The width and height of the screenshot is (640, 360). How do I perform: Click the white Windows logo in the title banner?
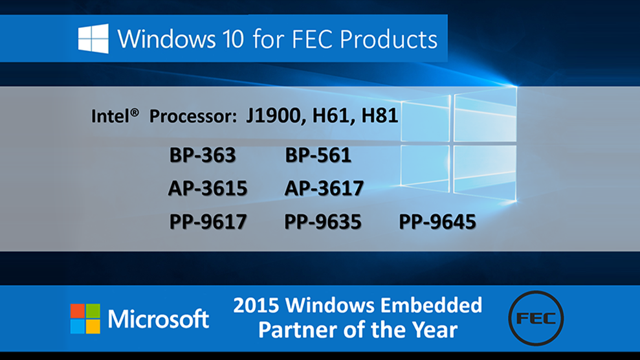93,38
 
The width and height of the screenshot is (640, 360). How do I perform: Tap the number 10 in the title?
233,39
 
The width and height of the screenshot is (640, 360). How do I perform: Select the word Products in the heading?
388,39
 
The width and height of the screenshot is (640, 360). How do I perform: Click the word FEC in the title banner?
313,39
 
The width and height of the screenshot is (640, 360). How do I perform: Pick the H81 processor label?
380,115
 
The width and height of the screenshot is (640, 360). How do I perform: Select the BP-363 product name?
203,155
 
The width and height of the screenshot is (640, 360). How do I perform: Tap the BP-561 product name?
318,155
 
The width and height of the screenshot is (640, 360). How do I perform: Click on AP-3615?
208,188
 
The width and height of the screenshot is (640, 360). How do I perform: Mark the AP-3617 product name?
324,188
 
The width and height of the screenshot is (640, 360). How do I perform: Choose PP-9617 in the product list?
208,221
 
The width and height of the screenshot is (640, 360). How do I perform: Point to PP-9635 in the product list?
322,221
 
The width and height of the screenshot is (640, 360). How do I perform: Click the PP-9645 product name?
437,221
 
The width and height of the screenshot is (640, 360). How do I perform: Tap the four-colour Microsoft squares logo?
85,319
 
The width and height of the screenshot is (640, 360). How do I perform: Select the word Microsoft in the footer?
159,319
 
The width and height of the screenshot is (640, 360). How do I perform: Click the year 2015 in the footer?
256,306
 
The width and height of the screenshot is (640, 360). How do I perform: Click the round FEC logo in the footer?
536,319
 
